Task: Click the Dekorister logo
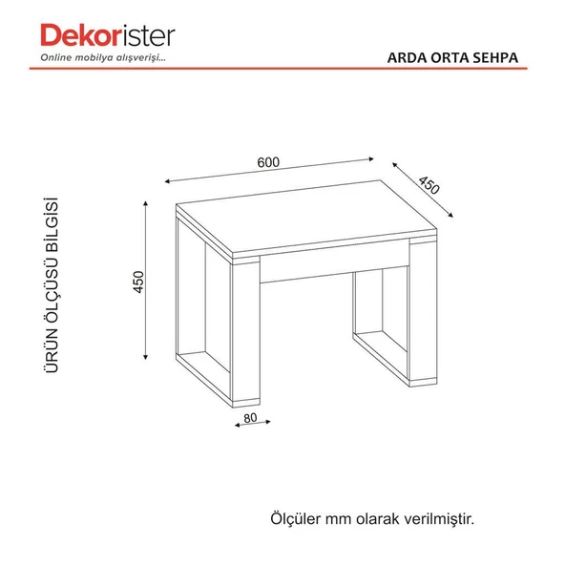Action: coord(108,35)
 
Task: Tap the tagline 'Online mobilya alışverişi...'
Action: coord(103,57)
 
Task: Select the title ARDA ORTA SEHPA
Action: coord(452,57)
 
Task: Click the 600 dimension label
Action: coord(268,162)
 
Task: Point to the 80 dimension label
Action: coord(250,418)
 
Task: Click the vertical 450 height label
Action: coord(138,282)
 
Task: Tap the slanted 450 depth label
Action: coord(429,185)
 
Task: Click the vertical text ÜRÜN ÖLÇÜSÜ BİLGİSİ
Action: coord(52,284)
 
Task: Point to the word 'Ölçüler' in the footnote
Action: coord(296,518)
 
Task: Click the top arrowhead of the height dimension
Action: coord(146,203)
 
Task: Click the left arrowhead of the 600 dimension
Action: coord(167,181)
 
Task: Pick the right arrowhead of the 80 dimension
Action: coord(268,421)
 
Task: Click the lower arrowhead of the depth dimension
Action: coord(450,216)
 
